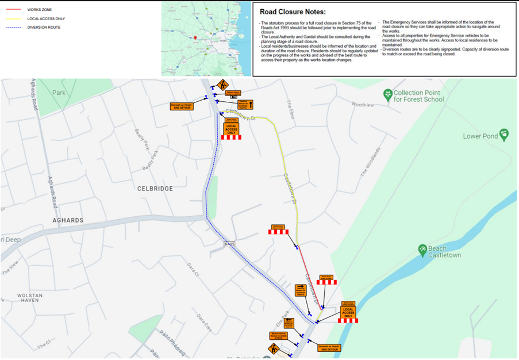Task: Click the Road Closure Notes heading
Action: tap(293, 12)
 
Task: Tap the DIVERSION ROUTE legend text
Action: tap(44, 27)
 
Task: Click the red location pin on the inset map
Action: tap(195, 38)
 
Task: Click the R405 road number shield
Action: tap(229, 244)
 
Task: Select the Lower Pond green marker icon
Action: tap(504, 135)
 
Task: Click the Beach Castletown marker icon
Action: tap(422, 250)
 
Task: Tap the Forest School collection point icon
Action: tap(388, 94)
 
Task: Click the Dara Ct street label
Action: tap(193, 270)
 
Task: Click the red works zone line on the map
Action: tap(310, 276)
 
